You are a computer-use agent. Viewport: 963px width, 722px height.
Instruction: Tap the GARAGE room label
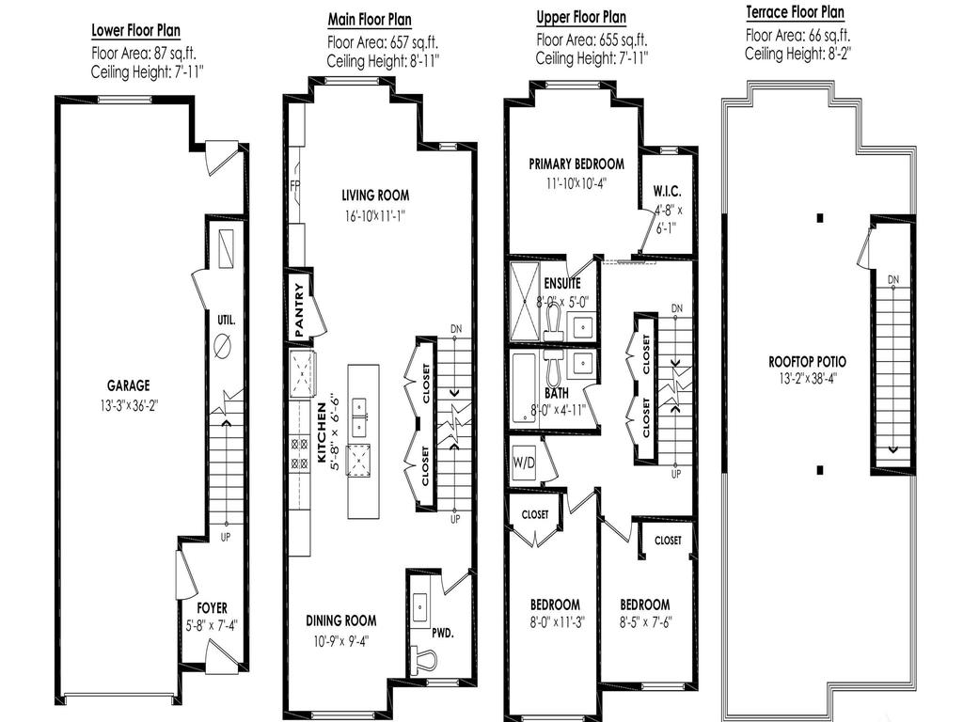click(128, 385)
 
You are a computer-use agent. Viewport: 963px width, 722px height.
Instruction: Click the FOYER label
click(212, 608)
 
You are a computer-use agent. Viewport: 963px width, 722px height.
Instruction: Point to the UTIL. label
click(226, 320)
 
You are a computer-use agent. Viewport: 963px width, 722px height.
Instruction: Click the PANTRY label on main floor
click(300, 310)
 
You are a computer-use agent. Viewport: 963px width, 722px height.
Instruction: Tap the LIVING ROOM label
click(375, 196)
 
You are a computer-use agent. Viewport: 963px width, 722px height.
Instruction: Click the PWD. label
click(443, 633)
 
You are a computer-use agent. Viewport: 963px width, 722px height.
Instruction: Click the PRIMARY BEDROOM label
click(576, 165)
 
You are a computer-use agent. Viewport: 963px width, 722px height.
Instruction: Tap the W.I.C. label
click(667, 192)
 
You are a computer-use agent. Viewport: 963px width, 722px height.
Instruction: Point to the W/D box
click(524, 462)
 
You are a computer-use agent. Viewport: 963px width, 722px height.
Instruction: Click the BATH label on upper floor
click(557, 393)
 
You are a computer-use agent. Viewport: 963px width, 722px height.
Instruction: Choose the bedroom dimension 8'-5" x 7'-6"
click(644, 622)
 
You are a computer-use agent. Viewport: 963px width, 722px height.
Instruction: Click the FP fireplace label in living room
click(294, 184)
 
